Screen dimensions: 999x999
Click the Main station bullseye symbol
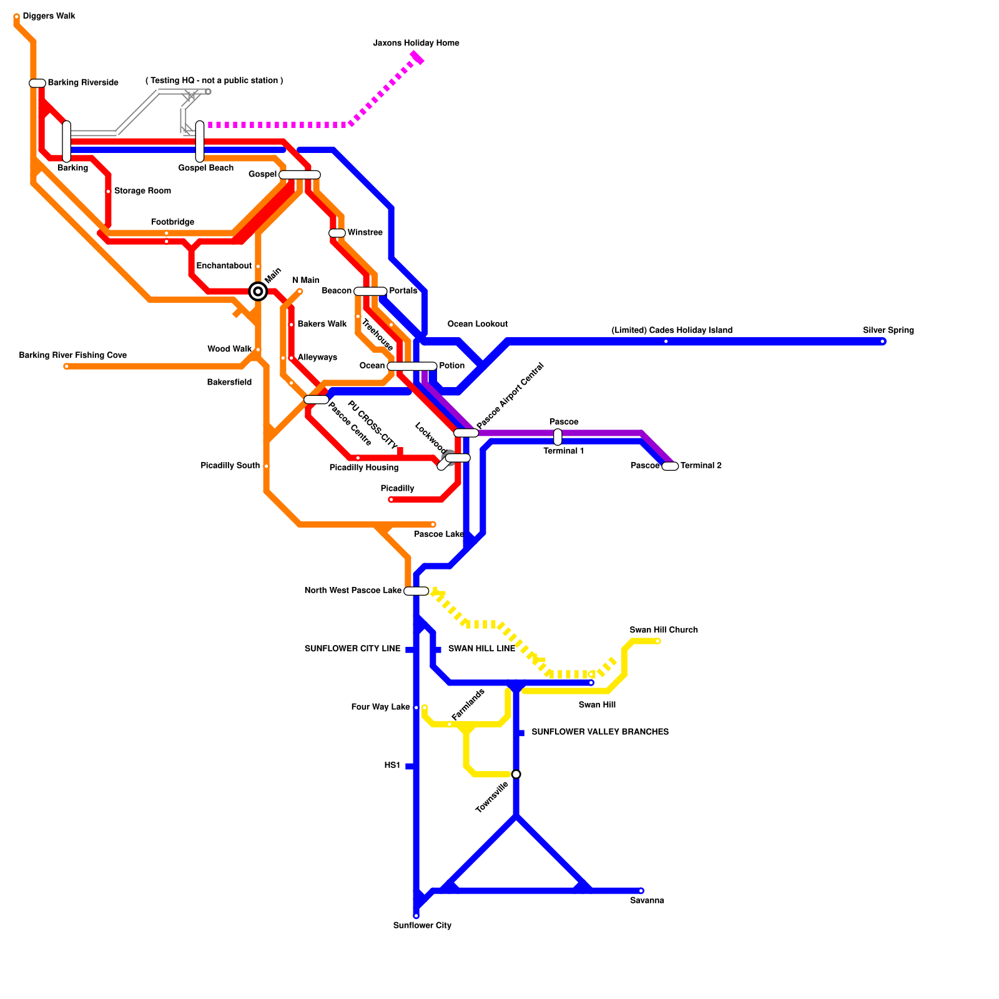pyautogui.click(x=258, y=291)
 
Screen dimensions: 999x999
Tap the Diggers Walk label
pyautogui.click(x=49, y=16)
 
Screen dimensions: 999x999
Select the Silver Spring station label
pyautogui.click(x=888, y=330)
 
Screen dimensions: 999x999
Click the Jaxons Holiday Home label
pyautogui.click(x=416, y=43)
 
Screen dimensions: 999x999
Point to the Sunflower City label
pyautogui.click(x=422, y=925)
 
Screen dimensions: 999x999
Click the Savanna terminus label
pyautogui.click(x=647, y=900)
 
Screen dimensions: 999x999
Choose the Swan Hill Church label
pyautogui.click(x=664, y=630)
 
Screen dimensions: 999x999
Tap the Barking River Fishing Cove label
pyautogui.click(x=72, y=355)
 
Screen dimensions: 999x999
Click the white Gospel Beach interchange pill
pyautogui.click(x=200, y=141)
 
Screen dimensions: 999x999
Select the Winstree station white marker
pyautogui.click(x=337, y=233)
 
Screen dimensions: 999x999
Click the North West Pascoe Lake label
pyautogui.click(x=353, y=590)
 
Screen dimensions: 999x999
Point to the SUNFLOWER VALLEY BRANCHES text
pyautogui.click(x=599, y=732)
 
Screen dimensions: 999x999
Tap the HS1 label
pyautogui.click(x=392, y=765)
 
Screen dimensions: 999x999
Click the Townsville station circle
pyautogui.click(x=516, y=774)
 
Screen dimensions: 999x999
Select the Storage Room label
pyautogui.click(x=142, y=191)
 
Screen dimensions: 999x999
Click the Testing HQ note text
pyautogui.click(x=214, y=81)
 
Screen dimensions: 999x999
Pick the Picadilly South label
pyautogui.click(x=230, y=466)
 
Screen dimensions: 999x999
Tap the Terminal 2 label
pyautogui.click(x=701, y=466)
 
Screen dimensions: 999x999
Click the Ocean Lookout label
pyautogui.click(x=478, y=324)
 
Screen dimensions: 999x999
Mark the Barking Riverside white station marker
pyautogui.click(x=37, y=83)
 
